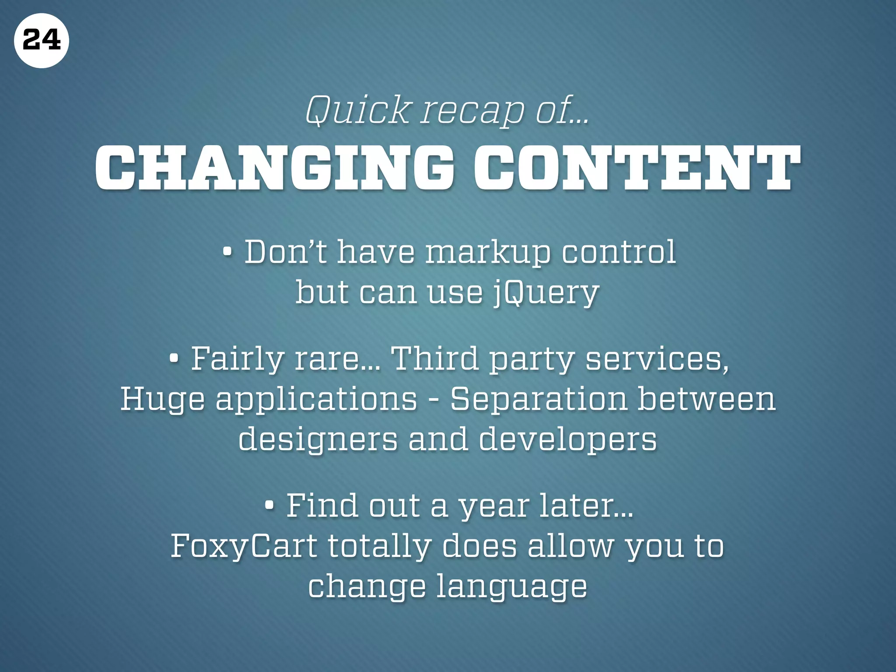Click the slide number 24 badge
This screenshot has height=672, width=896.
[41, 41]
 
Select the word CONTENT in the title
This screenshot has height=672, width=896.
[637, 169]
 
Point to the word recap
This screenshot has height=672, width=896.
[472, 111]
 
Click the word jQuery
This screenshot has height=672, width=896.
[546, 292]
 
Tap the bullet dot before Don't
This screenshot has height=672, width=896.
[227, 253]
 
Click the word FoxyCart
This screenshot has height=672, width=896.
[244, 546]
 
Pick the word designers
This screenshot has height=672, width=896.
[318, 439]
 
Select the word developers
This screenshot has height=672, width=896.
[568, 439]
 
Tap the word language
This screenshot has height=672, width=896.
[512, 587]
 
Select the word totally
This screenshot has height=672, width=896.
[379, 546]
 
